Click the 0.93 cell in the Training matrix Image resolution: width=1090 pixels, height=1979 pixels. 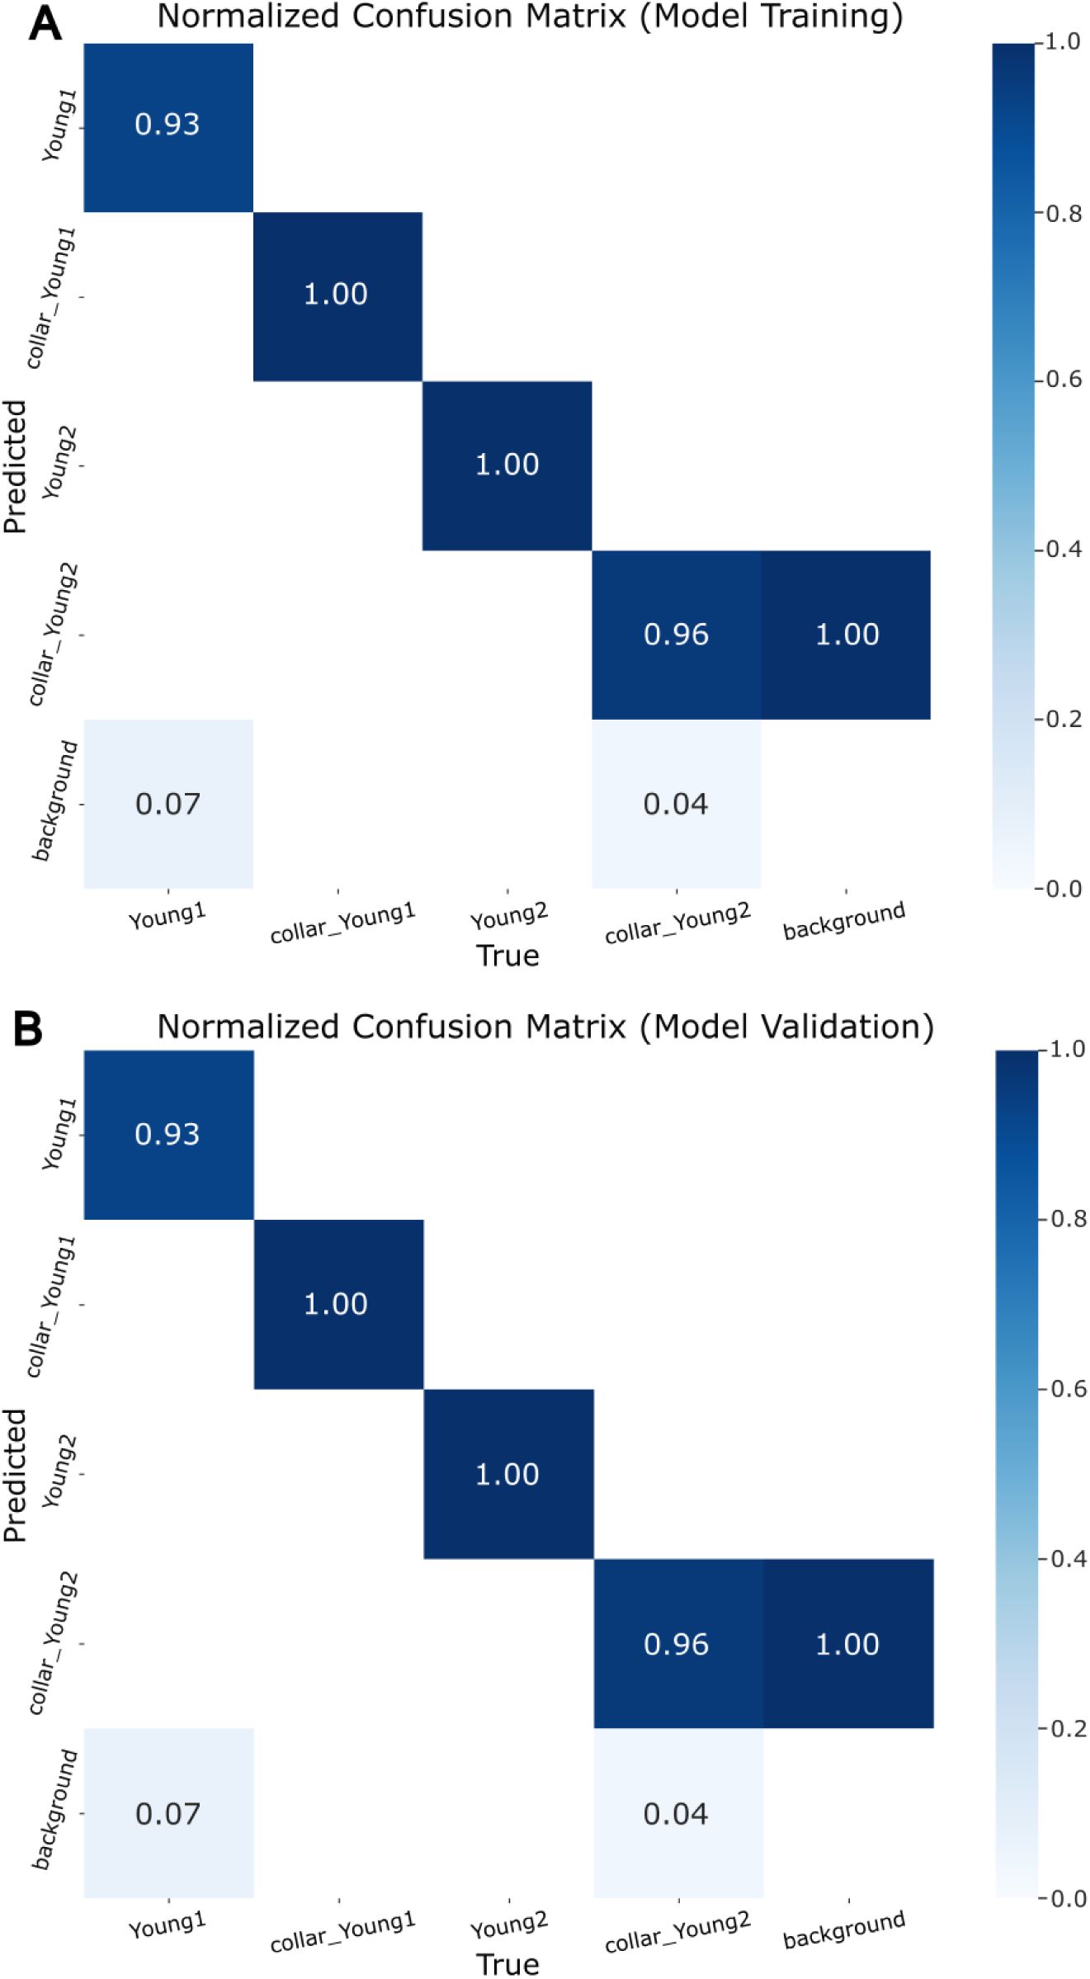(x=168, y=125)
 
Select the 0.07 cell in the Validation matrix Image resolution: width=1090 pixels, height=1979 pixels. (x=168, y=1814)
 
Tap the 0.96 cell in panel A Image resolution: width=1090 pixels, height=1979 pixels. (x=676, y=635)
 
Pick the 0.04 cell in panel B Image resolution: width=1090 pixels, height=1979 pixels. (x=676, y=1814)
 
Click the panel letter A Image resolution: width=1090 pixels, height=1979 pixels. (x=45, y=25)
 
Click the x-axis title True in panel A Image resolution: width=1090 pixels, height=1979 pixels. (x=507, y=956)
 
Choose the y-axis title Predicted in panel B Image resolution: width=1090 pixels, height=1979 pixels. (x=15, y=1475)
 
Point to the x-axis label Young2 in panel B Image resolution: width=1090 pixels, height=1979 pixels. (x=508, y=1925)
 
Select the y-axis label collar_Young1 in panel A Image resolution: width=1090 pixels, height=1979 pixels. (x=51, y=297)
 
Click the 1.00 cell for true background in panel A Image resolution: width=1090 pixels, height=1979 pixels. (x=847, y=635)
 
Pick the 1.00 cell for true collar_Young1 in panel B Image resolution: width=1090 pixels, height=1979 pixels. (x=336, y=1304)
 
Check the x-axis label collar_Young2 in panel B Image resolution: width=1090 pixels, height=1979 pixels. (x=677, y=1931)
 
